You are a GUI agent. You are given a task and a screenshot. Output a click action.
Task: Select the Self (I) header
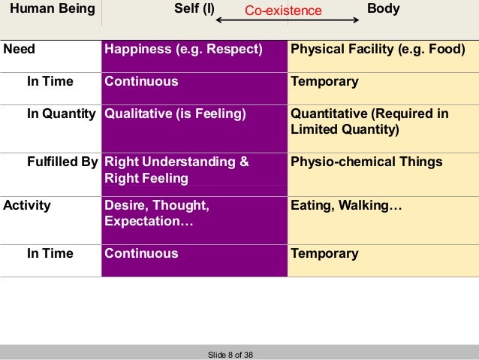194,10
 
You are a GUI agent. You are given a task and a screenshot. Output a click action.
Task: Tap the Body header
383,10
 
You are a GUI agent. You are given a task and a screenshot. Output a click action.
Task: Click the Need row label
20,50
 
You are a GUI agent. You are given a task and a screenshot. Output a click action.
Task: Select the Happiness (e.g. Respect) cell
184,50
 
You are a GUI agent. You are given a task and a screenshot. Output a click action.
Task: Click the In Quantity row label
62,114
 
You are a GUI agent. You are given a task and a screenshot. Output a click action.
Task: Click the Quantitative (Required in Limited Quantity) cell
369,122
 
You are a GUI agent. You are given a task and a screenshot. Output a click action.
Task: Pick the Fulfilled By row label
63,162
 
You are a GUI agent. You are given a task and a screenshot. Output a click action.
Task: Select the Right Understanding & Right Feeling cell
176,170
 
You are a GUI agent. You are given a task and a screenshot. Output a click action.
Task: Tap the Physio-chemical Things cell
366,162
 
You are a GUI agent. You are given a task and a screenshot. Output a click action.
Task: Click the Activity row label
27,204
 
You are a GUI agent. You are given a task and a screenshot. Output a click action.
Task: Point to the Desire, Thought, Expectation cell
157,213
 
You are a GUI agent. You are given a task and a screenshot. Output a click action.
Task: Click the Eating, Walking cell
347,204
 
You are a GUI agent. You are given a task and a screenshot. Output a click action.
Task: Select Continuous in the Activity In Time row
142,253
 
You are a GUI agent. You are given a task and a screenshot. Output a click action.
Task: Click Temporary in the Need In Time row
324,81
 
